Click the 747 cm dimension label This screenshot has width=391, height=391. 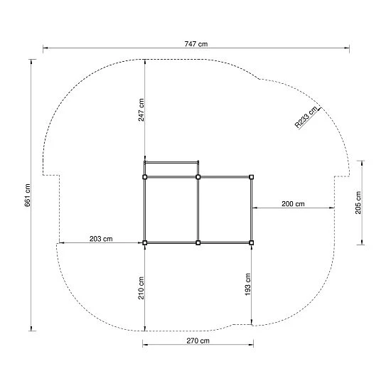[x=196, y=44]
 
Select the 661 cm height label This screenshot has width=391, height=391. [x=28, y=195]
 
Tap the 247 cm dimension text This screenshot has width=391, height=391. [x=141, y=109]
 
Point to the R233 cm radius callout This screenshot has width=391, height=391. [x=306, y=117]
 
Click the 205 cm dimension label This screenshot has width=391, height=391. [x=358, y=203]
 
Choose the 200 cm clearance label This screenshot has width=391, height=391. [x=293, y=204]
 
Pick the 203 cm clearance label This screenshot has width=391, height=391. [x=101, y=239]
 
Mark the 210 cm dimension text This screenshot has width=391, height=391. [x=141, y=288]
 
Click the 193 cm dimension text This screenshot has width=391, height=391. [x=247, y=284]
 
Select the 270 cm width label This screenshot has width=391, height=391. [x=198, y=341]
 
